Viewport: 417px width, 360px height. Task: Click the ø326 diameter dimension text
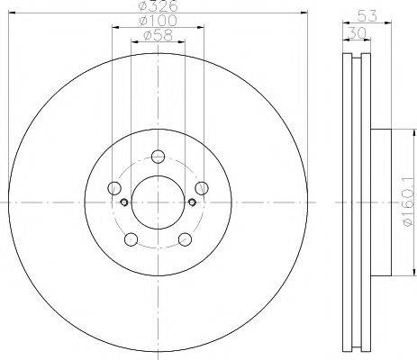click(x=159, y=8)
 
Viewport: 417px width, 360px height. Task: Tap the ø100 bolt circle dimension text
click(x=159, y=22)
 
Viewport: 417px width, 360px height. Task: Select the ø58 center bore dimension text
click(x=159, y=36)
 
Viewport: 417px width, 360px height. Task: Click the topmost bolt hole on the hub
click(x=159, y=154)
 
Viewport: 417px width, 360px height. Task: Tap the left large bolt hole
click(x=113, y=188)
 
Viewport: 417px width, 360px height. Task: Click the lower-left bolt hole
click(x=131, y=239)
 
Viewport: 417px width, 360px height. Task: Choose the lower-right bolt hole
click(x=186, y=239)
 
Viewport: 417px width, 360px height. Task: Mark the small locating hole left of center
click(x=122, y=202)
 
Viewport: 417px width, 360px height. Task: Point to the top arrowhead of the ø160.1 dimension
click(x=396, y=133)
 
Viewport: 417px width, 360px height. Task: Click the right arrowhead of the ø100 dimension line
click(x=202, y=28)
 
